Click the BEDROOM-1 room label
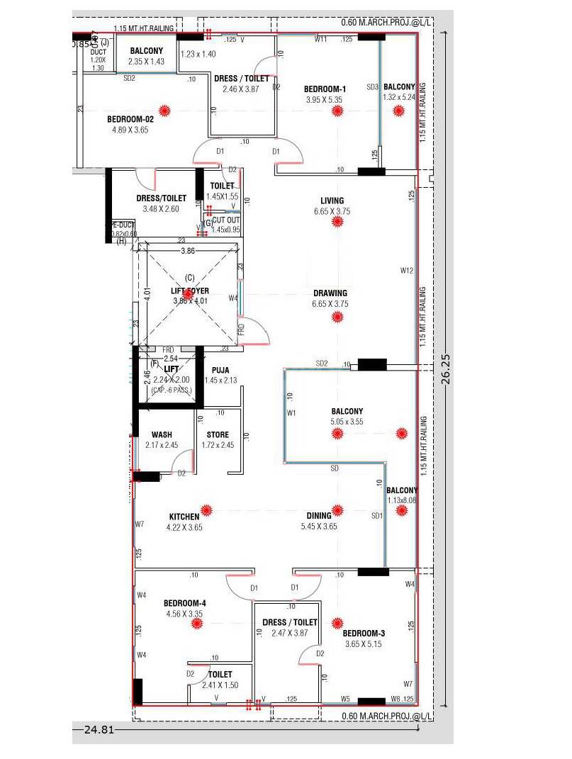(325, 89)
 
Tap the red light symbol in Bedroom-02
(165, 110)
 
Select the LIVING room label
(332, 201)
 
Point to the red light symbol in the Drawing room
(337, 316)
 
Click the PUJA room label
(220, 370)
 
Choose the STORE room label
(218, 435)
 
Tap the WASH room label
(161, 435)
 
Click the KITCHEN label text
(184, 517)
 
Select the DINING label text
(319, 516)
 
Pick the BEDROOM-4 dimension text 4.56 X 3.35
(185, 614)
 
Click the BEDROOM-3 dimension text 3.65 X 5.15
(363, 643)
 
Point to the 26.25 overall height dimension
(446, 369)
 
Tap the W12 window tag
(406, 270)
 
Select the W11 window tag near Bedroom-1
(320, 40)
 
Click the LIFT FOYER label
(188, 291)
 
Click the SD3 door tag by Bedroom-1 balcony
(372, 86)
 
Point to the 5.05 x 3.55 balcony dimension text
(347, 422)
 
